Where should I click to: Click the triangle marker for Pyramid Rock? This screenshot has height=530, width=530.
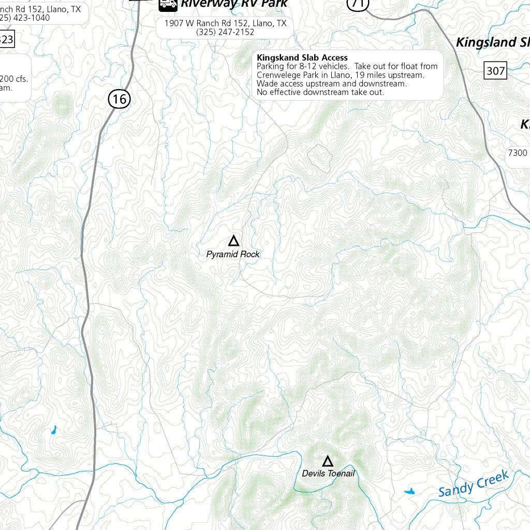point(233,241)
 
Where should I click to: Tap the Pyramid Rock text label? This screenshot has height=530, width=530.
point(233,254)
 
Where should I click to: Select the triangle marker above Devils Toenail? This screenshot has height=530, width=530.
point(328,461)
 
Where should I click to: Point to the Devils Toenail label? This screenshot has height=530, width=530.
point(328,474)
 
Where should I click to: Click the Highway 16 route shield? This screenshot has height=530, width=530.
point(119,98)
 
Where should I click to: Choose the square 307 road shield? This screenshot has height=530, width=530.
point(495,70)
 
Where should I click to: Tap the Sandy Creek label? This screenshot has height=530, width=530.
point(474,483)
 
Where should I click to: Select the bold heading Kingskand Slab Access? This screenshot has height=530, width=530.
point(302,57)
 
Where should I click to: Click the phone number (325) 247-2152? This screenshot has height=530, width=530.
point(225,32)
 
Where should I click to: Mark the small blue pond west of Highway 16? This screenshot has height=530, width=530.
point(53,430)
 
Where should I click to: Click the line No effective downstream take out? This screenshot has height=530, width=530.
point(320,92)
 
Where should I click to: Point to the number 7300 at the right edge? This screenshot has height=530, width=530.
point(518,153)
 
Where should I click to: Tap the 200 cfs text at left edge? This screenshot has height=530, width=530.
point(14,79)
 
